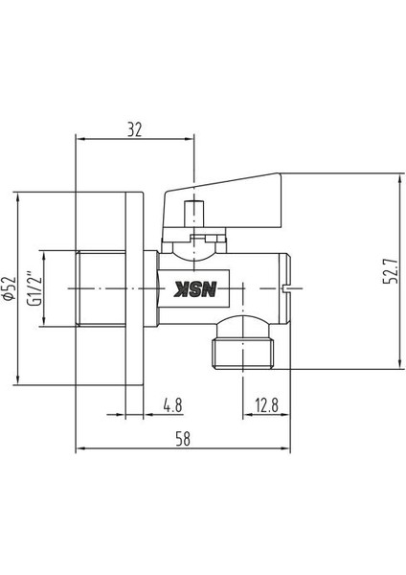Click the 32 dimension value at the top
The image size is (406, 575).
136,126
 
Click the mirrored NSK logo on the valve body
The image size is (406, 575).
195,287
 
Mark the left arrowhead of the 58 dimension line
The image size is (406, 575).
80,448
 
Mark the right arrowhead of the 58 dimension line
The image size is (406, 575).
284,448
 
